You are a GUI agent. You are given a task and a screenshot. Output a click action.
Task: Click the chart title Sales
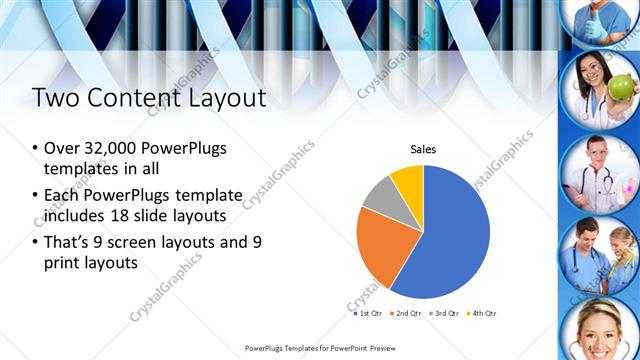pos(423,150)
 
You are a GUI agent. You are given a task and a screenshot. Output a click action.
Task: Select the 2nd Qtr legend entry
pos(403,313)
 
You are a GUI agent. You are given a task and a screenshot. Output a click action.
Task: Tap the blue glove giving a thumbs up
pos(594,29)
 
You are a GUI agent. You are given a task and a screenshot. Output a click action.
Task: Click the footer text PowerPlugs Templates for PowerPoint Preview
pos(319,348)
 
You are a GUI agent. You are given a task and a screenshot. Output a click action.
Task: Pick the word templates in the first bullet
pos(79,169)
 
